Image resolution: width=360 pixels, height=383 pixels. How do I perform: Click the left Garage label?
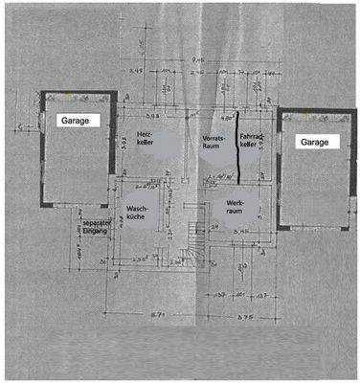(76, 121)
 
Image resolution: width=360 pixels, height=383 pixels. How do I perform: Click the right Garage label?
(313, 142)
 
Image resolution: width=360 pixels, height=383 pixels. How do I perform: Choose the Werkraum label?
(237, 208)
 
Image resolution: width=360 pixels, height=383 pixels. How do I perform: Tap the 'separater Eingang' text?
(96, 226)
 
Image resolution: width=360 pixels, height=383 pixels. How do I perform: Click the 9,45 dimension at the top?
(196, 56)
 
